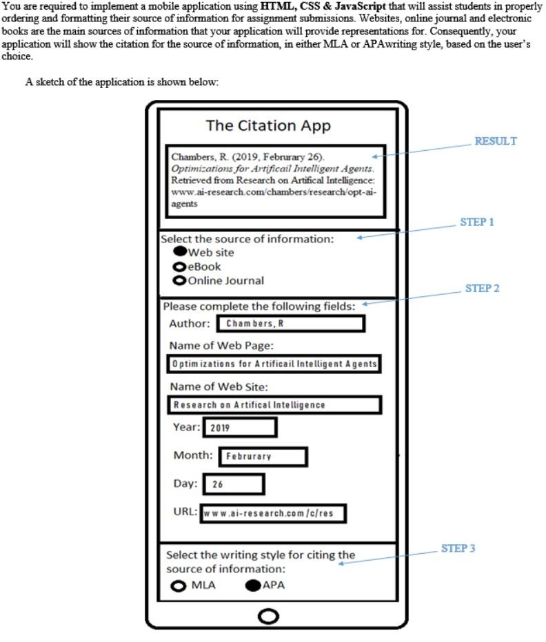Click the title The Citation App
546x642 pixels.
268,126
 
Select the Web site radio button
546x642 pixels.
181,252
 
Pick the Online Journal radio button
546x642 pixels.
180,280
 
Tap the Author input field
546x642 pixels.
290,324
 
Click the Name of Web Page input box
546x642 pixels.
274,364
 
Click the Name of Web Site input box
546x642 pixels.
274,405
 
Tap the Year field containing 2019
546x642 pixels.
239,428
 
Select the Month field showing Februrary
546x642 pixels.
262,457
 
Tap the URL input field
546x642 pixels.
272,514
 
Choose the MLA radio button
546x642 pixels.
179,586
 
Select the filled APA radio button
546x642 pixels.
253,586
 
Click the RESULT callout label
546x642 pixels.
496,141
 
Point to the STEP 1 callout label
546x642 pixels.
477,222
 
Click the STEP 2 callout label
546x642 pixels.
482,289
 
